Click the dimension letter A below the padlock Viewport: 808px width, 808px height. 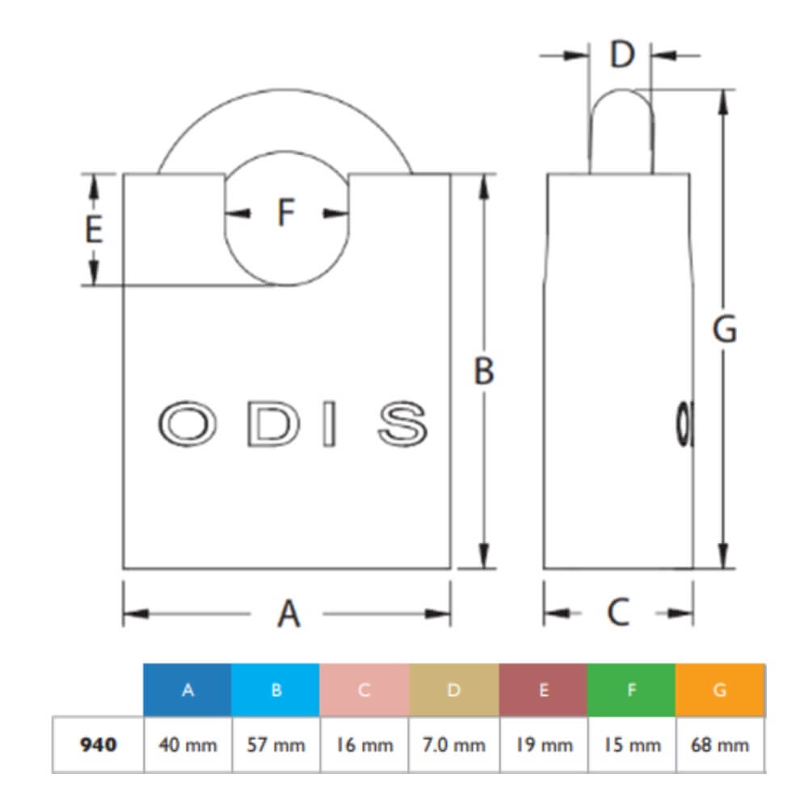coord(288,613)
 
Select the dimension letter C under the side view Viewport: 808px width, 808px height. coord(618,612)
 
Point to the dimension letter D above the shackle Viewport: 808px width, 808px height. coord(621,55)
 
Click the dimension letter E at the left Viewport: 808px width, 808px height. coord(94,230)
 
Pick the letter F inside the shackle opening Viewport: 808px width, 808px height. coord(287,213)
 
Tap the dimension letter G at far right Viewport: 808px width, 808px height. coord(724,330)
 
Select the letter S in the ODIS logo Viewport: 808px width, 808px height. coord(402,423)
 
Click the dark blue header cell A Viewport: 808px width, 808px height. coord(187,690)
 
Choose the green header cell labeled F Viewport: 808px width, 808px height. coord(631,690)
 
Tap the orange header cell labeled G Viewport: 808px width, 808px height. coord(720,690)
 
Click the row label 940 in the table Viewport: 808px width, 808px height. coord(98,744)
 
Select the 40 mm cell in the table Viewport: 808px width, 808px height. coord(187,744)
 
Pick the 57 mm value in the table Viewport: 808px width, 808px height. coord(276,744)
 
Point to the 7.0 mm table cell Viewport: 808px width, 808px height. coord(453,744)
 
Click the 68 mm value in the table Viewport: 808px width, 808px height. coord(720,744)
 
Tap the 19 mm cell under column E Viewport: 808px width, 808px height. coord(543,744)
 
